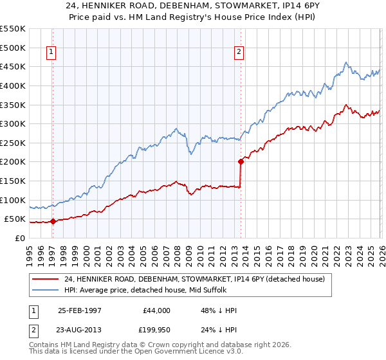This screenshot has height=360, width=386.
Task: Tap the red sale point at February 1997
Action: (53, 221)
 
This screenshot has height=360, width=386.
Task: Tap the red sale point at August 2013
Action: (241, 161)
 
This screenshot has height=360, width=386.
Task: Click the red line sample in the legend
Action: (45, 279)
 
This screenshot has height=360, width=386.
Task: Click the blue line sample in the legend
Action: (45, 290)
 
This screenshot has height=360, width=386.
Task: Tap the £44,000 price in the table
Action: (156, 310)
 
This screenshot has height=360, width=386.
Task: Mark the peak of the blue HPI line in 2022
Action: (346, 62)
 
